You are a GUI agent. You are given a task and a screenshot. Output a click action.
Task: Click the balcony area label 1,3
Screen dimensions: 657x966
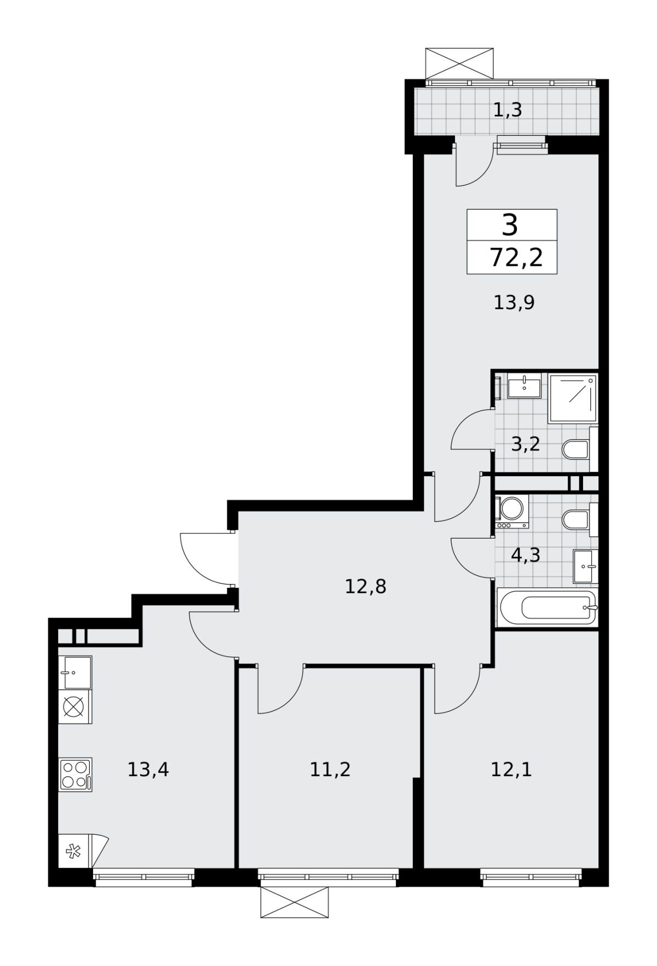pos(508,111)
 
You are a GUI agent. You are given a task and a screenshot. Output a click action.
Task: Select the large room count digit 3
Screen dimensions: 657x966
pos(510,225)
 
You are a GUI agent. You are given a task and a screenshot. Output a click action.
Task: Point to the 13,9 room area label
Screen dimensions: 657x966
pos(514,302)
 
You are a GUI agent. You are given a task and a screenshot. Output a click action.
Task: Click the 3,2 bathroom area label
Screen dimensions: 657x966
pos(526,444)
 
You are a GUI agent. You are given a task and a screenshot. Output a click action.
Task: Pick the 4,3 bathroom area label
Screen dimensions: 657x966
pos(526,556)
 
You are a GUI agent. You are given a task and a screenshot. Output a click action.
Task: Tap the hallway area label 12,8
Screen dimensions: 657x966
pos(366,587)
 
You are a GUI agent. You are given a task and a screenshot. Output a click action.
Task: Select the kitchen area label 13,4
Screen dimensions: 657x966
pos(148,770)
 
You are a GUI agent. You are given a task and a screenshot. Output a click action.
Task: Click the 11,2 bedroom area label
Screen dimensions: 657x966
pos(330,770)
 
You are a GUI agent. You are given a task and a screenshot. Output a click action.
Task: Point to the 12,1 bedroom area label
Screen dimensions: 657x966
pos(511,770)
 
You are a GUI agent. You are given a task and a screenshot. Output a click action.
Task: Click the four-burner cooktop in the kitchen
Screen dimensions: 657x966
pos(75,774)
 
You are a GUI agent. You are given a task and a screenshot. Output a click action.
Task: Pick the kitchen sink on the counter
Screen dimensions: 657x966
pos(75,673)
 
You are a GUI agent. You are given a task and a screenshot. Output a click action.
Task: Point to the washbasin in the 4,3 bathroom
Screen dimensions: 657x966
pos(585,567)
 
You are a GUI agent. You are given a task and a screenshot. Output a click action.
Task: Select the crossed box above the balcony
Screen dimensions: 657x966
pos(459,63)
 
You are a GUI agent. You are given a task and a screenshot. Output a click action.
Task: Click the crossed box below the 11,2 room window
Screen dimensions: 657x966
pos(295,902)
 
